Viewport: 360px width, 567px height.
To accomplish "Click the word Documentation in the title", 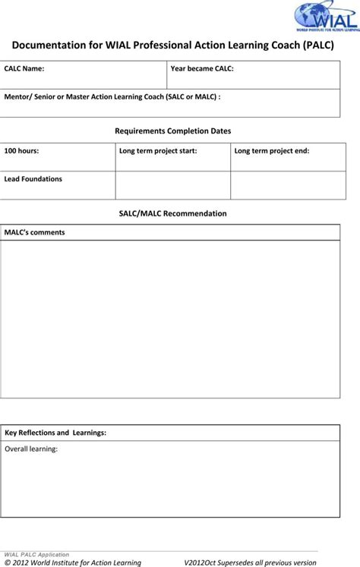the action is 50,46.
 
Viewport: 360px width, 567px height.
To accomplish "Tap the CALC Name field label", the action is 24,68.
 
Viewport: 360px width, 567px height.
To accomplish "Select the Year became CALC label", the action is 202,68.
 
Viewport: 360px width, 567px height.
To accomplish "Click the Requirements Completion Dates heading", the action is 173,131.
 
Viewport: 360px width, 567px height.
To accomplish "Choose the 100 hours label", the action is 22,151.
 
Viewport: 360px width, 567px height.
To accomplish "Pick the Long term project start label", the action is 158,151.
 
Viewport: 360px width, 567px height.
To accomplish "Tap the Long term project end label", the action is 272,151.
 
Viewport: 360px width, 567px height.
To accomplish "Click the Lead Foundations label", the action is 33,179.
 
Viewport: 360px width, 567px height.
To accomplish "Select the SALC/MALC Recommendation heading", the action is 173,214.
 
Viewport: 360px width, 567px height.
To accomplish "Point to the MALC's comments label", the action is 35,232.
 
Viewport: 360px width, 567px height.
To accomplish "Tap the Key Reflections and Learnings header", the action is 55,433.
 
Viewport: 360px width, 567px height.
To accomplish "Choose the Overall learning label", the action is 31,449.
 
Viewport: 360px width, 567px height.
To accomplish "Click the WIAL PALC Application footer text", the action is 37,555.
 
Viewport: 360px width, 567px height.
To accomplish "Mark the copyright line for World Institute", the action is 73,562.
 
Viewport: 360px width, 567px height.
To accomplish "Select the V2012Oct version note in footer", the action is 250,562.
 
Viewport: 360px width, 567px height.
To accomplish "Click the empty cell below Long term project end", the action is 285,184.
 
